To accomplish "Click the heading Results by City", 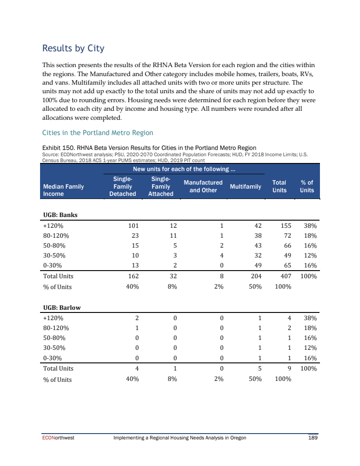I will pos(73,48).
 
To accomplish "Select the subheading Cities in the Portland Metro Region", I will pos(98,133).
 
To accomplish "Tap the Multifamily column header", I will pos(245,186).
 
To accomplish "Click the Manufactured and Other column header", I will pos(203,186).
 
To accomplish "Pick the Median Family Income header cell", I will pos(63,190).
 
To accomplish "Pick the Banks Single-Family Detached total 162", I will pos(133,276).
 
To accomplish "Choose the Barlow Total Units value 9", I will pos(289,368).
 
